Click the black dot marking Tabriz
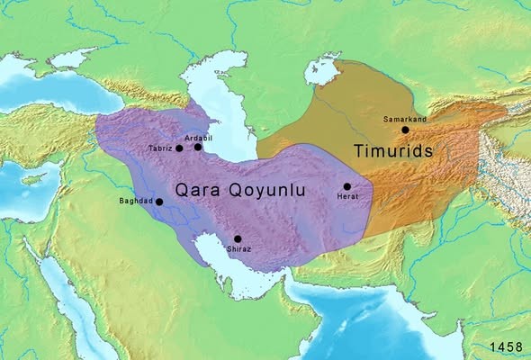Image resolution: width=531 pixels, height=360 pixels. [x=179, y=148]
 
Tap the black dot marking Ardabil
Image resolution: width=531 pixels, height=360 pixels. [x=198, y=147]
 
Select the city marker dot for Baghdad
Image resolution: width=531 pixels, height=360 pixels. [x=159, y=202]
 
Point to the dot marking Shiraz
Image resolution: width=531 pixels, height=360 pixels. [x=238, y=238]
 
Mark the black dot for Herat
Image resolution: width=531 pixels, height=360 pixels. [x=346, y=186]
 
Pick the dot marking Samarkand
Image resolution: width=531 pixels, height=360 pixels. [x=405, y=130]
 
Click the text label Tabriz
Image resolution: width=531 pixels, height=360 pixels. [x=159, y=148]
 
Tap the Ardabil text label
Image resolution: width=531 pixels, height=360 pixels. [x=199, y=137]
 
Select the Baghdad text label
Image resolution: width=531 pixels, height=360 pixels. [x=136, y=201]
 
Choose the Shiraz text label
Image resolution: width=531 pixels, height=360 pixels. [x=238, y=249]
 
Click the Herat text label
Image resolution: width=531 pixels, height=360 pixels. [x=347, y=197]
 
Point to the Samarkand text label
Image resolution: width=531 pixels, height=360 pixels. [x=404, y=119]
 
